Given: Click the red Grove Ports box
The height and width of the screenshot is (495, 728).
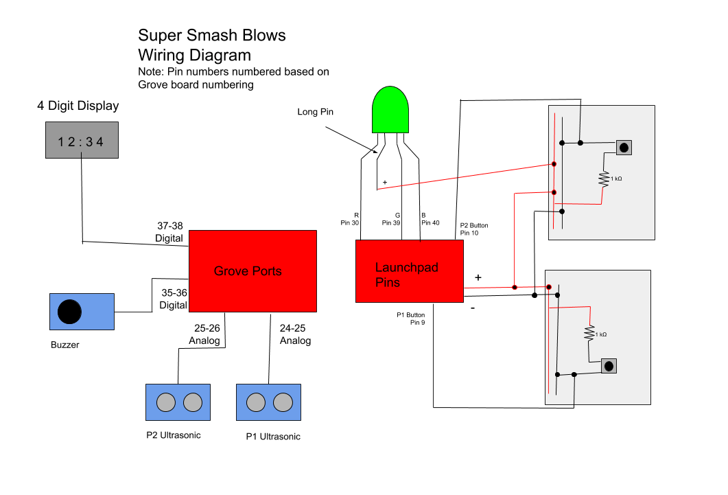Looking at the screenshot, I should click(x=253, y=271).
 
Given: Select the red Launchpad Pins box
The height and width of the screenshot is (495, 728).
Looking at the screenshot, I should click(x=409, y=271).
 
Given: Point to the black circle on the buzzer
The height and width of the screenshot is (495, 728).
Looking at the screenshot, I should click(x=69, y=312).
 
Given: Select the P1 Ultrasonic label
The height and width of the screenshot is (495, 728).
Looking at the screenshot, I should click(x=273, y=437).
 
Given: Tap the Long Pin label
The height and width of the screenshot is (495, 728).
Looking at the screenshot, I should click(x=315, y=111).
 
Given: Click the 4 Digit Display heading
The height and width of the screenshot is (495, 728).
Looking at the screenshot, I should click(x=78, y=106).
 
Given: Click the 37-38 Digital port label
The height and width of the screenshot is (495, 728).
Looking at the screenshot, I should click(x=169, y=232).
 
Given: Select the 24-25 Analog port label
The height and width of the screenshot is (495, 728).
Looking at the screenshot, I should click(x=295, y=334).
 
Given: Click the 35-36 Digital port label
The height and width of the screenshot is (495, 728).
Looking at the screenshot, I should click(x=173, y=298).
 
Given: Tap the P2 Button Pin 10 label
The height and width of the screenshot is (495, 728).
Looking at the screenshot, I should click(x=474, y=229).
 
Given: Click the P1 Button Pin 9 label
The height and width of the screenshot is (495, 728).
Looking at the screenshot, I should click(x=411, y=318).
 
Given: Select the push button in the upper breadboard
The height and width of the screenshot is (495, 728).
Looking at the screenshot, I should click(x=624, y=147).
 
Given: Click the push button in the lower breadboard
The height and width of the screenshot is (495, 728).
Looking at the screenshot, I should click(x=608, y=366).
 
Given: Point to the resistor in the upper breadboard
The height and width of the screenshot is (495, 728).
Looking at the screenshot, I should click(x=604, y=179).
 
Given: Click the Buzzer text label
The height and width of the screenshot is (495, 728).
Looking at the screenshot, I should click(x=64, y=345).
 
